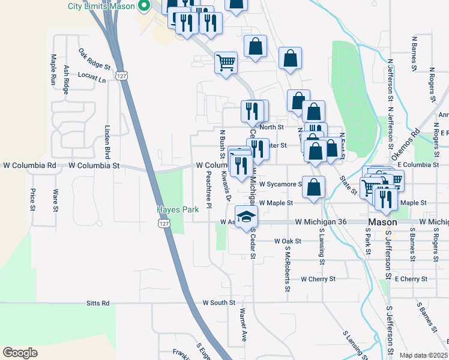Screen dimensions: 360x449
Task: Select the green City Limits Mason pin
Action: [143, 7]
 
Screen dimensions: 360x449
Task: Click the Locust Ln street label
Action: [92, 77]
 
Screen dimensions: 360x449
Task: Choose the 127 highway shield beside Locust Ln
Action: [122, 76]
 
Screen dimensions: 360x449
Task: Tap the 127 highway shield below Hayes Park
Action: [163, 223]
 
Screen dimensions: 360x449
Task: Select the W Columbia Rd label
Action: [30, 165]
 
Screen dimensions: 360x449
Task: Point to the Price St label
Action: [32, 200]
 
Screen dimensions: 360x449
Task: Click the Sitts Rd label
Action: [98, 304]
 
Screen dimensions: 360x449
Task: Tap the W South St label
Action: [218, 304]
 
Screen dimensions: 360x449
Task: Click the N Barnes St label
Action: [414, 53]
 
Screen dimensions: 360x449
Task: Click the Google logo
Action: [20, 353]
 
